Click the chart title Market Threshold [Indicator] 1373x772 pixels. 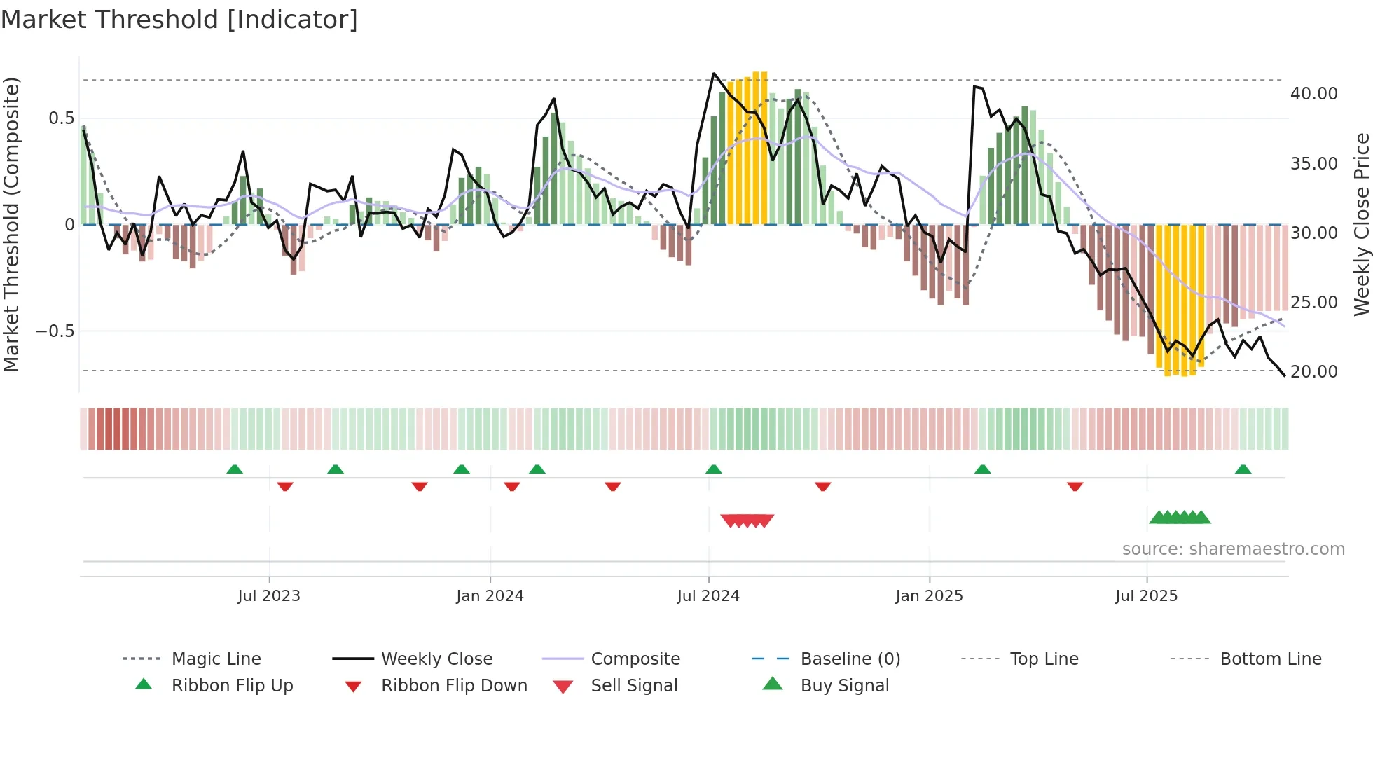pos(179,20)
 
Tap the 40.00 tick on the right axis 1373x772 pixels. pos(1313,94)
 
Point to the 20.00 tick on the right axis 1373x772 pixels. pos(1313,372)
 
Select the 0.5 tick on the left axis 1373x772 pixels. pos(62,118)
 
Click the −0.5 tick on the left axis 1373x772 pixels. pos(55,331)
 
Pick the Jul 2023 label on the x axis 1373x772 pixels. pos(269,596)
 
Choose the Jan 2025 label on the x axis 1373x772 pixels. pos(929,596)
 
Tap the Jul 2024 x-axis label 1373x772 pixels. pos(708,596)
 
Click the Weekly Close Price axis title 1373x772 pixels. pos(1361,224)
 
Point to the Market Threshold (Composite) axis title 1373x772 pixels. pos(11,224)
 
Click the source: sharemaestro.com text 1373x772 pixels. pos(1233,549)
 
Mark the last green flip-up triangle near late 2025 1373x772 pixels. pos(1243,469)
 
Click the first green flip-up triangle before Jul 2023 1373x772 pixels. pos(235,469)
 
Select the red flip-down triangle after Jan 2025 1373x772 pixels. pos(1075,486)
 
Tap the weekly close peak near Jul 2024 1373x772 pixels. pos(714,74)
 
